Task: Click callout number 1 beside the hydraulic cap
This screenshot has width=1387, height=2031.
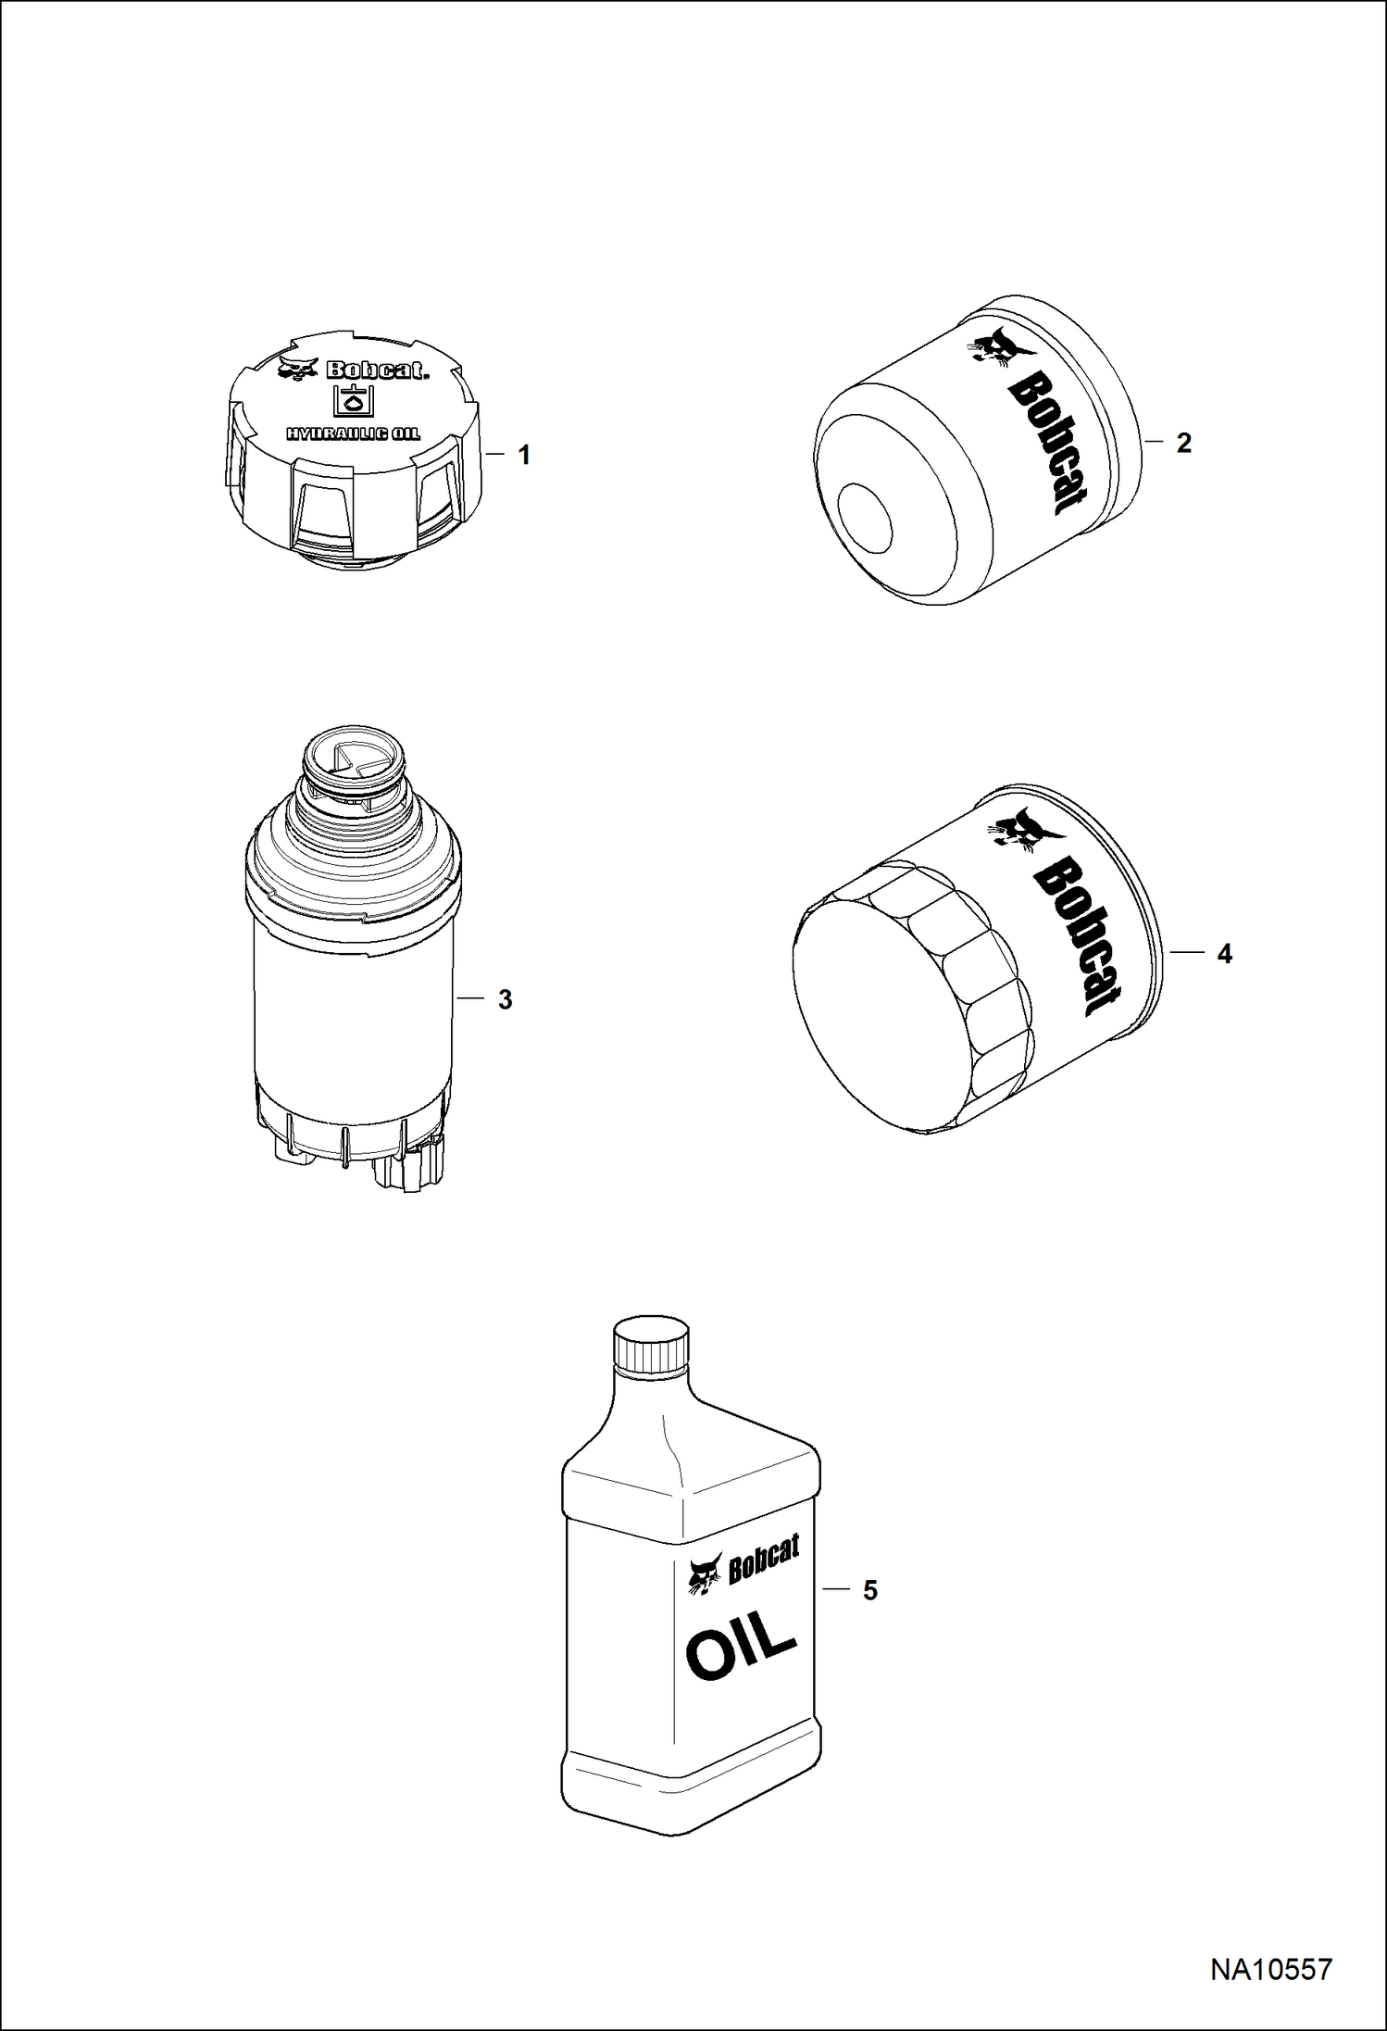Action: tap(524, 455)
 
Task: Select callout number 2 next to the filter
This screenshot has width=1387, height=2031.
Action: tap(1183, 443)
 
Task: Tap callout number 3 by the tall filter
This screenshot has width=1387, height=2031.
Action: tap(505, 999)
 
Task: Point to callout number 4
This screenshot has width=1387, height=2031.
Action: tap(1224, 954)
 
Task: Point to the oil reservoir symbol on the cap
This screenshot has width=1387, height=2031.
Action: tap(353, 400)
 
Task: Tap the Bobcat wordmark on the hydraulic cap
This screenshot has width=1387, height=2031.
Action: tap(376, 371)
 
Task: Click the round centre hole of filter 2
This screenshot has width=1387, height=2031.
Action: tap(864, 520)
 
